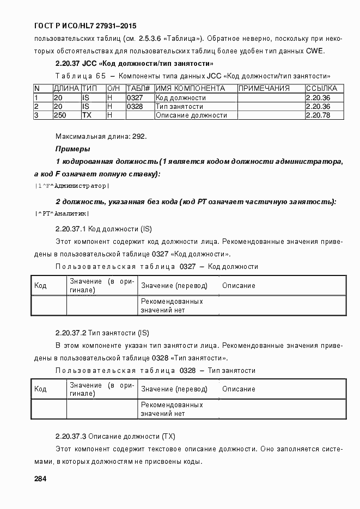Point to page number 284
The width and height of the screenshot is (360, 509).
pyautogui.click(x=40, y=479)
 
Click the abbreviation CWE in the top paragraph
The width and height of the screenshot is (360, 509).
pyautogui.click(x=315, y=51)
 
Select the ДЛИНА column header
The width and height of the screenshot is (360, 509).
pyautogui.click(x=66, y=88)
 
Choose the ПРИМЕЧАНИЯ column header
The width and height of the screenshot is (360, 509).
pyautogui.click(x=264, y=88)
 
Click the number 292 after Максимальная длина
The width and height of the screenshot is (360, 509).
pyautogui.click(x=140, y=136)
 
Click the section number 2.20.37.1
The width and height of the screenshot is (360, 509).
pyautogui.click(x=71, y=228)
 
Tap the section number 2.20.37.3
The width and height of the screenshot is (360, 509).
pyautogui.click(x=71, y=436)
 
